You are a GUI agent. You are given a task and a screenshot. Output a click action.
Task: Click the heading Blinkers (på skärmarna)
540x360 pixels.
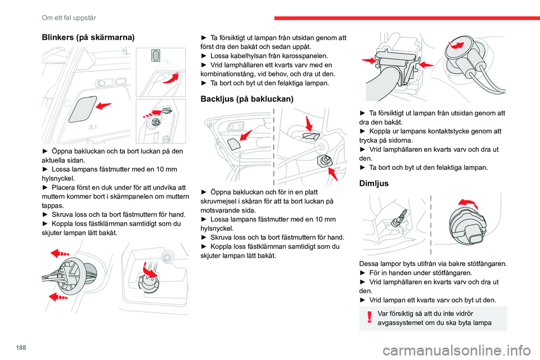88,37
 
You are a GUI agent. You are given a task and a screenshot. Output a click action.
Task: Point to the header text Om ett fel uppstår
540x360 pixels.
64,7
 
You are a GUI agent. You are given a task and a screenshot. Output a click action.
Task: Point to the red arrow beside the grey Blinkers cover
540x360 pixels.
103,105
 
